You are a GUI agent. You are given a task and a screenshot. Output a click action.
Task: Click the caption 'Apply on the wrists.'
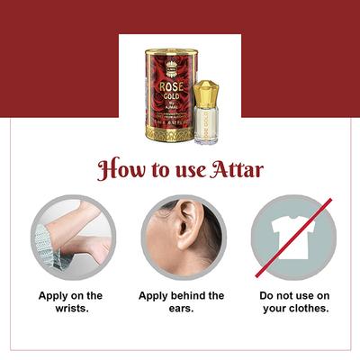pyautogui.click(x=70, y=302)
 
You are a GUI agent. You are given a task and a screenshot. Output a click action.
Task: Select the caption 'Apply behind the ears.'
pyautogui.click(x=181, y=302)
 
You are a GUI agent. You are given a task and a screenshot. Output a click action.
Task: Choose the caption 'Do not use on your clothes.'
pyautogui.click(x=293, y=302)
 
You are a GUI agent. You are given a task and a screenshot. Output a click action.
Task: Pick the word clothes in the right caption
pyautogui.click(x=307, y=310)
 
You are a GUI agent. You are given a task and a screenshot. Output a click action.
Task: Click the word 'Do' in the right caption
pyautogui.click(x=266, y=296)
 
